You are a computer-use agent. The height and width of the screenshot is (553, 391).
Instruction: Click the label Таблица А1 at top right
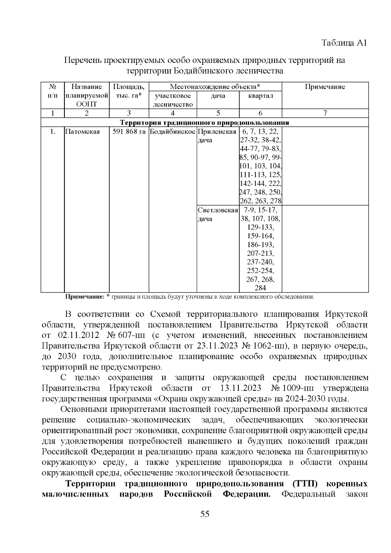pos(344,43)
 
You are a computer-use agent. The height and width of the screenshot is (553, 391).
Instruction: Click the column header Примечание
pos(325,87)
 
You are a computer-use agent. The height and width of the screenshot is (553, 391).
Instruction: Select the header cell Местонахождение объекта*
pos(215,87)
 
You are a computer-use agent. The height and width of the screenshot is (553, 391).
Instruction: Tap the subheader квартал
pos(260,96)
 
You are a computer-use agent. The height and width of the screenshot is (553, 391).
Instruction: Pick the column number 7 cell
pos(325,113)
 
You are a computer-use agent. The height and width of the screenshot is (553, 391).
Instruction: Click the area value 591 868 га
pos(129,132)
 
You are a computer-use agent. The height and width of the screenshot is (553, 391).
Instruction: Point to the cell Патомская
pos(82,132)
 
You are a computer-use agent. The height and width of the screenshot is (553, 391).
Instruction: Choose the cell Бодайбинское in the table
pos(173,132)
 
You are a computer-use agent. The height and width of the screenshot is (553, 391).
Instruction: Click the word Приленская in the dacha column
pos(217,132)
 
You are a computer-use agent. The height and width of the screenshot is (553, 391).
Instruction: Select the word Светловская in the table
pos(218,210)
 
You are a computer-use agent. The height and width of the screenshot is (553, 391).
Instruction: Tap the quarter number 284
pos(260,288)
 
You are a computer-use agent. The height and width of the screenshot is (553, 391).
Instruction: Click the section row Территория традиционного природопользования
pos(205,123)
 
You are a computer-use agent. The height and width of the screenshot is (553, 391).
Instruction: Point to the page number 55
pos(205,514)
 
